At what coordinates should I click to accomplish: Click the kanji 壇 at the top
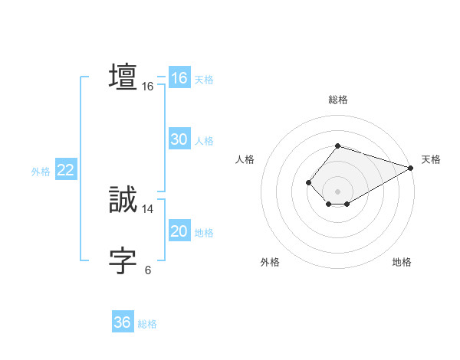pos(123,77)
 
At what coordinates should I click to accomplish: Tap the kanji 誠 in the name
pos(123,200)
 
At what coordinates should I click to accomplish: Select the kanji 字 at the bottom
pos(123,261)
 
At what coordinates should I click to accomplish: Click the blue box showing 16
pos(179,78)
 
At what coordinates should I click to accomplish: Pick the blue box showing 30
pos(179,139)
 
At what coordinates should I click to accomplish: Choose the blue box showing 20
pos(179,231)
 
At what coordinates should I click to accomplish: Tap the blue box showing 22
pos(65,170)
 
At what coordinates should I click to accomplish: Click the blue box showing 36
pos(122,322)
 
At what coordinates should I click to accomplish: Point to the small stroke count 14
pos(148,208)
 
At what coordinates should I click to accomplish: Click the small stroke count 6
pos(148,270)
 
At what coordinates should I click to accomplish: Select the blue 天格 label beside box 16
pos(203,80)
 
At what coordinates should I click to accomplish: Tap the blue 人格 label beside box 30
pos(203,141)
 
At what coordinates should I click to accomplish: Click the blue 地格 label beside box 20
pos(203,233)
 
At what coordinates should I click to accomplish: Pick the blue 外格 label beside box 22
pos(41,172)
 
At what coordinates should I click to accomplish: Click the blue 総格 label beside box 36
pos(147,324)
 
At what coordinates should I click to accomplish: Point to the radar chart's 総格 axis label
pos(337,100)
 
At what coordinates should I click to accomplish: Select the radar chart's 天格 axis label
pos(431,159)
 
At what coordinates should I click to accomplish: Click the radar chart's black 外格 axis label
pos(270,263)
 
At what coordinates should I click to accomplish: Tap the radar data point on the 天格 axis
pos(410,168)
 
